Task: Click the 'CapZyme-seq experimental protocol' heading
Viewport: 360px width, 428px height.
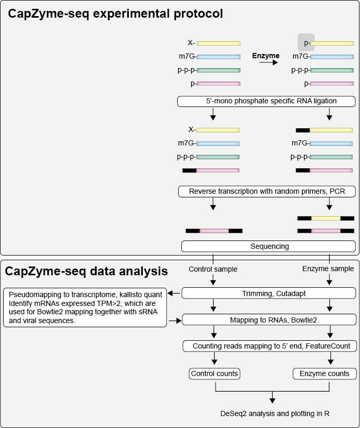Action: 115,14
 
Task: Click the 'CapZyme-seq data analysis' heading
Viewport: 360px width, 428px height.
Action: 86,271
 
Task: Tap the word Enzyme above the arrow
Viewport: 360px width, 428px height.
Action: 265,56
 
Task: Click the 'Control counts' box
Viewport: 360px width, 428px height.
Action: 215,373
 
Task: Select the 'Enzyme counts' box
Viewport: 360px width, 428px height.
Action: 325,373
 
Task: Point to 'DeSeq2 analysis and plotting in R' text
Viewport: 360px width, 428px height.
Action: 275,413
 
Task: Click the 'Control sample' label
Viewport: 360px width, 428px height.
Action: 213,269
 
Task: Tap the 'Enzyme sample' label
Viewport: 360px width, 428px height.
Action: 328,269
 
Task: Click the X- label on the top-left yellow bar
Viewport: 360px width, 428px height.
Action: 192,43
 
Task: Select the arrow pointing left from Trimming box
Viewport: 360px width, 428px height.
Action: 175,293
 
